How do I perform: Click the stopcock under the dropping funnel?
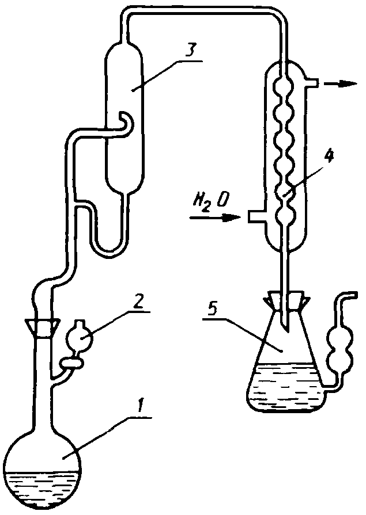[71, 363]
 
